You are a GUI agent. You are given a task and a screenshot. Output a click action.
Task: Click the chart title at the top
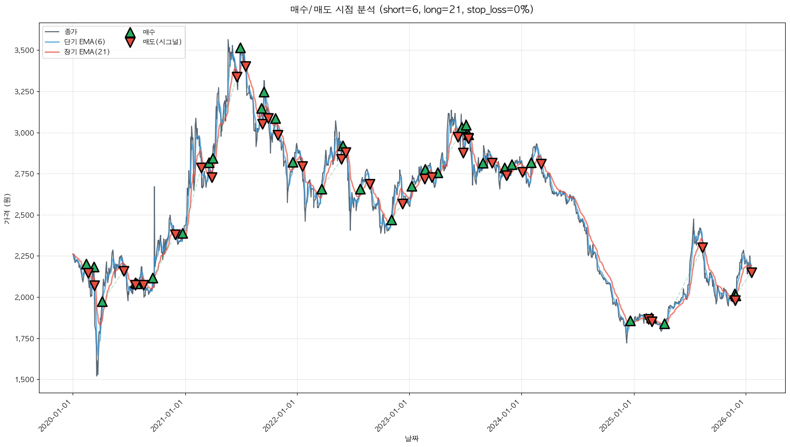coord(412,10)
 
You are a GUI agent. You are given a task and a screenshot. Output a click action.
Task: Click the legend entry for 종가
coord(70,32)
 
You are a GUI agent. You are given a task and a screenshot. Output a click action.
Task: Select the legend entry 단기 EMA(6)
coord(84,42)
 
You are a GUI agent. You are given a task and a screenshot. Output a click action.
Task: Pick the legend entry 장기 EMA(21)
coord(87,52)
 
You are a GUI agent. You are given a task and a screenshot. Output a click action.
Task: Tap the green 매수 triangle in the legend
coord(130,32)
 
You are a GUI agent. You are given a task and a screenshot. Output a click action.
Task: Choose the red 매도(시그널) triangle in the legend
coord(130,42)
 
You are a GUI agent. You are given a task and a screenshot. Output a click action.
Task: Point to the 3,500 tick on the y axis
coord(24,50)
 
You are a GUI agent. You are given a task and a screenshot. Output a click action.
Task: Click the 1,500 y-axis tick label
coord(24,380)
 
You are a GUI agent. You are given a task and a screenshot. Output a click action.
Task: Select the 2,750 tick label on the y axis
coord(24,174)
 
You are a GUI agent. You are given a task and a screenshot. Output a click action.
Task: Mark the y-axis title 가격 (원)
coord(7,209)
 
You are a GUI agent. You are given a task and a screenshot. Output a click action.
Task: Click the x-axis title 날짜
coord(412,438)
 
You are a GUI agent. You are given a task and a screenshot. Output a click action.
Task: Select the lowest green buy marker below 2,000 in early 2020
coord(102,302)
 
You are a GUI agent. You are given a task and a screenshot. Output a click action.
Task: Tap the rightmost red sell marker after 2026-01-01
coord(751,273)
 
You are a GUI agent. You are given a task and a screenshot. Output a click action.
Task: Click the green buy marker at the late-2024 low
coord(630,321)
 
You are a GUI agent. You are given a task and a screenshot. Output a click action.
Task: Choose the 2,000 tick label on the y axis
coord(24,298)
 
